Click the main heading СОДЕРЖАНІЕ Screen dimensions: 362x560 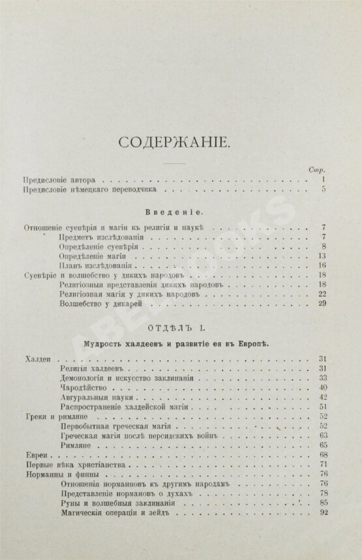coord(180,142)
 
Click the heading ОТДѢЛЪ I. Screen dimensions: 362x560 coord(180,327)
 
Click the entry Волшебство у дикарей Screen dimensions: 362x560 coord(98,304)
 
